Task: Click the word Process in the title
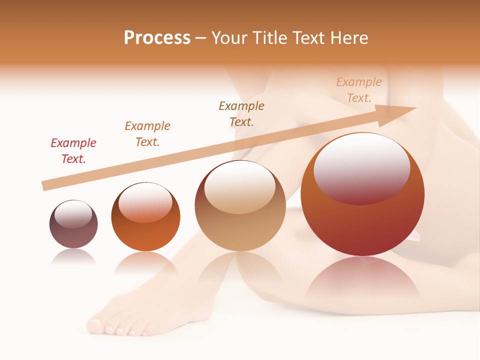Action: pyautogui.click(x=157, y=38)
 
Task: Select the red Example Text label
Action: pyautogui.click(x=73, y=151)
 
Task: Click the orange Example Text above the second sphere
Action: pyautogui.click(x=147, y=134)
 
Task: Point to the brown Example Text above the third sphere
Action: pyautogui.click(x=241, y=114)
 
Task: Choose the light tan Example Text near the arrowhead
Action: pyautogui.click(x=359, y=90)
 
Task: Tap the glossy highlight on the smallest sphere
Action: pyautogui.click(x=73, y=214)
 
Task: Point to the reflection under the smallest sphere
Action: pyautogui.click(x=73, y=257)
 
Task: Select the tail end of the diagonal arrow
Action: pyautogui.click(x=45, y=186)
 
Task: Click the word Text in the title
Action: pyautogui.click(x=310, y=38)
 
